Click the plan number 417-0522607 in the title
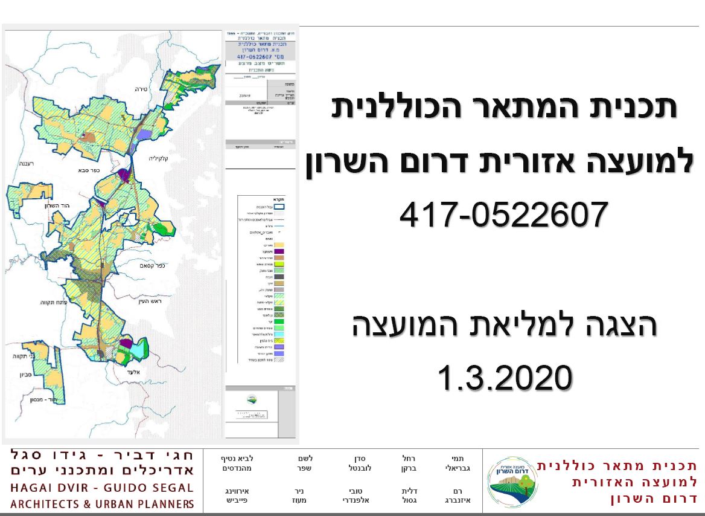pyautogui.click(x=502, y=214)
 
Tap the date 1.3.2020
pyautogui.click(x=504, y=378)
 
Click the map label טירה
pyautogui.click(x=141, y=89)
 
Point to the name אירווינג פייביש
pyautogui.click(x=232, y=495)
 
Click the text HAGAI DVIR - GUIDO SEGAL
pyautogui.click(x=102, y=488)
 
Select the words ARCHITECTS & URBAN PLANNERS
pyautogui.click(x=102, y=504)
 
